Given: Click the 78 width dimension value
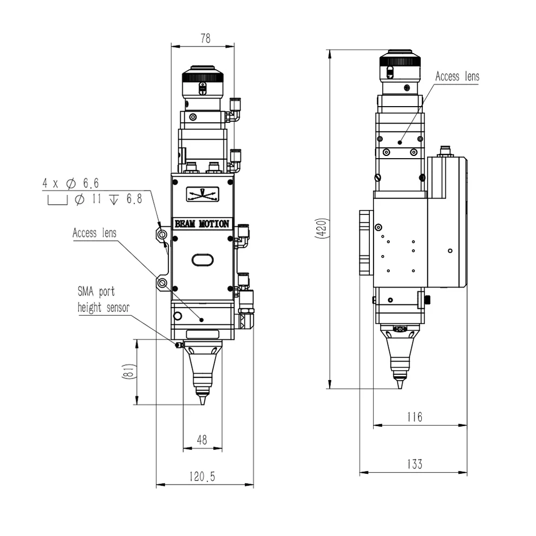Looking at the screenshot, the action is (x=205, y=38).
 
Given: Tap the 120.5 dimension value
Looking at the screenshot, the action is (x=202, y=476).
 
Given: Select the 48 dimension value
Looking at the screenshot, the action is (x=202, y=440).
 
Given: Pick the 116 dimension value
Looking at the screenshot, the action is (x=415, y=417).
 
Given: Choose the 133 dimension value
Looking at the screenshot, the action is (x=415, y=464).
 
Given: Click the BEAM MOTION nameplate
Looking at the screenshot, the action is (x=202, y=224).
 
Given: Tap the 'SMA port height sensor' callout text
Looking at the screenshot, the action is (x=103, y=299).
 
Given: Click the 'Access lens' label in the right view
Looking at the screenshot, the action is (x=457, y=76).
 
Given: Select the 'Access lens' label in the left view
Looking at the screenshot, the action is (x=94, y=233).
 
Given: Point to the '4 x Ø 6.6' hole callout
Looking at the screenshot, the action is (x=71, y=184).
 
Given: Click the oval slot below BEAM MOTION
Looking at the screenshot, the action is (x=202, y=260).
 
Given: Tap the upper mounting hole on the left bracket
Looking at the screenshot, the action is (x=162, y=234).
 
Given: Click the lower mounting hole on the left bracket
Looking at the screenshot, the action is (x=162, y=283).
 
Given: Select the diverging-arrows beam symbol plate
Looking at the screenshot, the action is (x=202, y=194).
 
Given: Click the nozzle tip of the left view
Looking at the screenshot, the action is (x=202, y=404).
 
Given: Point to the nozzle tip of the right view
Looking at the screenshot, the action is (x=400, y=388).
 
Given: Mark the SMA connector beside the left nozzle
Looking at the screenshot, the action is (x=179, y=345).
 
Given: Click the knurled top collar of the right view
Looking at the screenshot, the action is (x=400, y=62).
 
